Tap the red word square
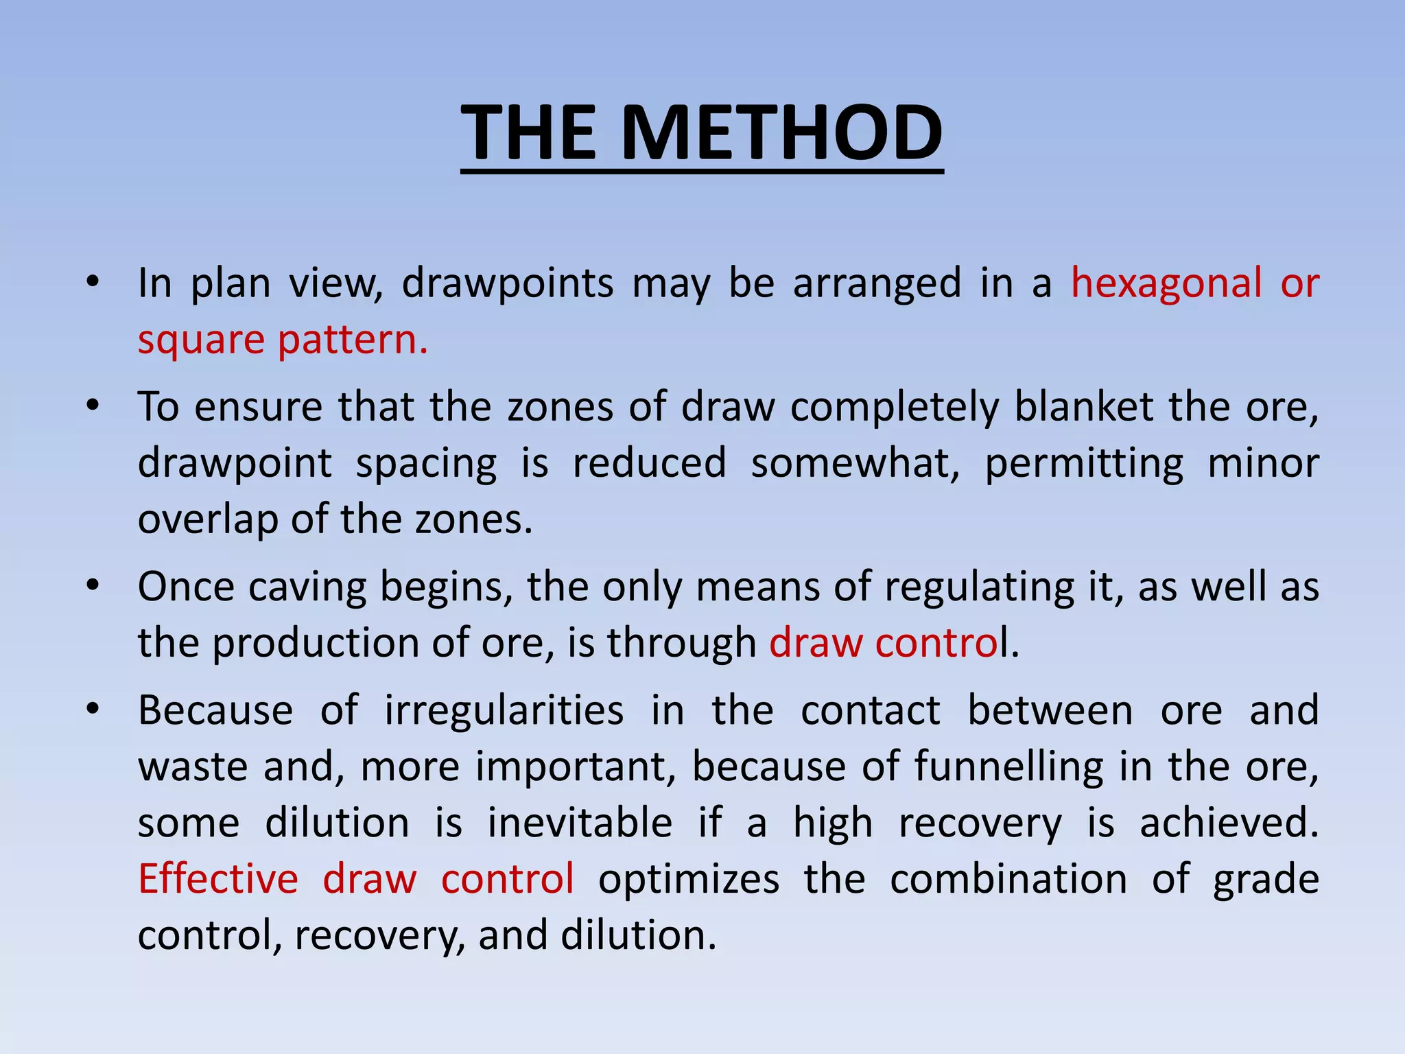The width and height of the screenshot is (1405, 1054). coord(201,340)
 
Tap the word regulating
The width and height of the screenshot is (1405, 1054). coord(979,587)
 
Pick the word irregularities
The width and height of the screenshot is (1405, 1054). coord(504,710)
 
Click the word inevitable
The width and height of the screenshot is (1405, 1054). coord(580,823)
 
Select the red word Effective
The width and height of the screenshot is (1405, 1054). coord(218,879)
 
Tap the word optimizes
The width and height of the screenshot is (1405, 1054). coord(689,879)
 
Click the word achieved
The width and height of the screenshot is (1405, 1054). coord(1228,823)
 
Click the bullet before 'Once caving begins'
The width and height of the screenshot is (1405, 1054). coord(93,585)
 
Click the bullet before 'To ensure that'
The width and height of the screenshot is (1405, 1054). coord(93,405)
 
